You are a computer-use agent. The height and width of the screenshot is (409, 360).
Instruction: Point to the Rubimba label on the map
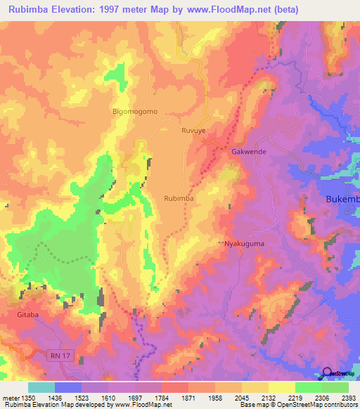(x=179, y=198)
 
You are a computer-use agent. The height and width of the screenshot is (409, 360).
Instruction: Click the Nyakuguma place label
(x=244, y=243)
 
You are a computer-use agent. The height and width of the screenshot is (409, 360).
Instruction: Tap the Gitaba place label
(x=28, y=316)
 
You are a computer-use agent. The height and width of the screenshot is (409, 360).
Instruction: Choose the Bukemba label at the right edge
(x=342, y=200)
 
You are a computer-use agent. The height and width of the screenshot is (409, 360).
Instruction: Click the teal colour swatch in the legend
(x=41, y=387)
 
